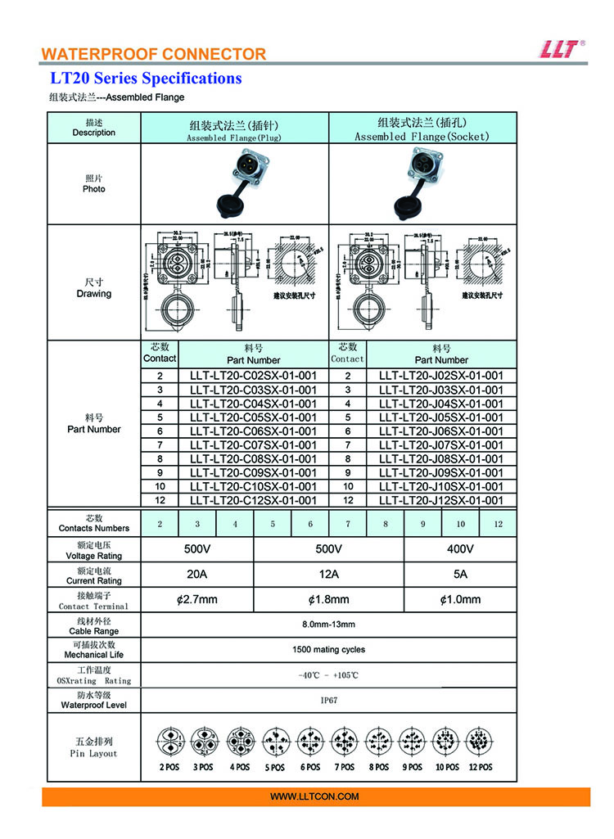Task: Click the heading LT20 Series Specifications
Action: pos(147,79)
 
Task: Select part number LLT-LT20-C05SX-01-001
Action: pos(253,417)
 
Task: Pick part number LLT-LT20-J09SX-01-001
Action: pos(441,472)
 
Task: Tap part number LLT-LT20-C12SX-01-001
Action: pos(253,500)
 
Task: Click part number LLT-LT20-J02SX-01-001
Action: pos(441,376)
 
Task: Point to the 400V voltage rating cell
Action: pos(460,548)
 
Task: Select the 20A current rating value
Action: pos(197,574)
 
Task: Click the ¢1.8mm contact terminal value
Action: pos(329,599)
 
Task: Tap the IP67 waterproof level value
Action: pos(329,701)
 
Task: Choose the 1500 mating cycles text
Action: pos(329,650)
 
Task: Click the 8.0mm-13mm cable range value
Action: pos(329,625)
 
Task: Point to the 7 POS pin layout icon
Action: pos(345,742)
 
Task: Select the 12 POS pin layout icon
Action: pos(481,742)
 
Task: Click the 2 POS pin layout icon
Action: pos(169,742)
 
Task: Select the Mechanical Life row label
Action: pos(93,650)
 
